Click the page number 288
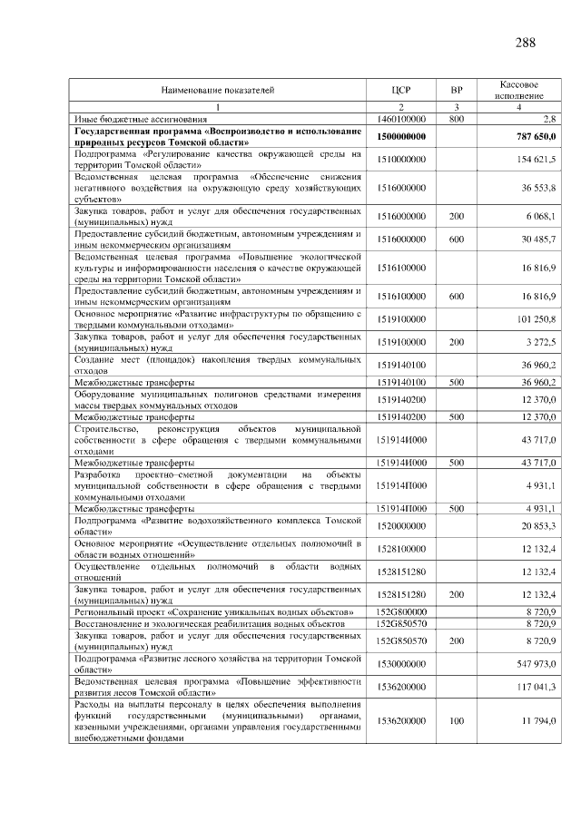click(x=525, y=43)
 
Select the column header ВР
click(x=457, y=90)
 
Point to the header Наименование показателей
click(x=217, y=90)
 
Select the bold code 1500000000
click(x=401, y=136)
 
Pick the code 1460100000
click(x=401, y=119)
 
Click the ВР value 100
click(x=457, y=721)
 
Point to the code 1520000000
click(x=401, y=525)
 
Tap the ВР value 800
click(x=457, y=119)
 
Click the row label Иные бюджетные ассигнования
click(x=128, y=119)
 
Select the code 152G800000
click(x=401, y=613)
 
